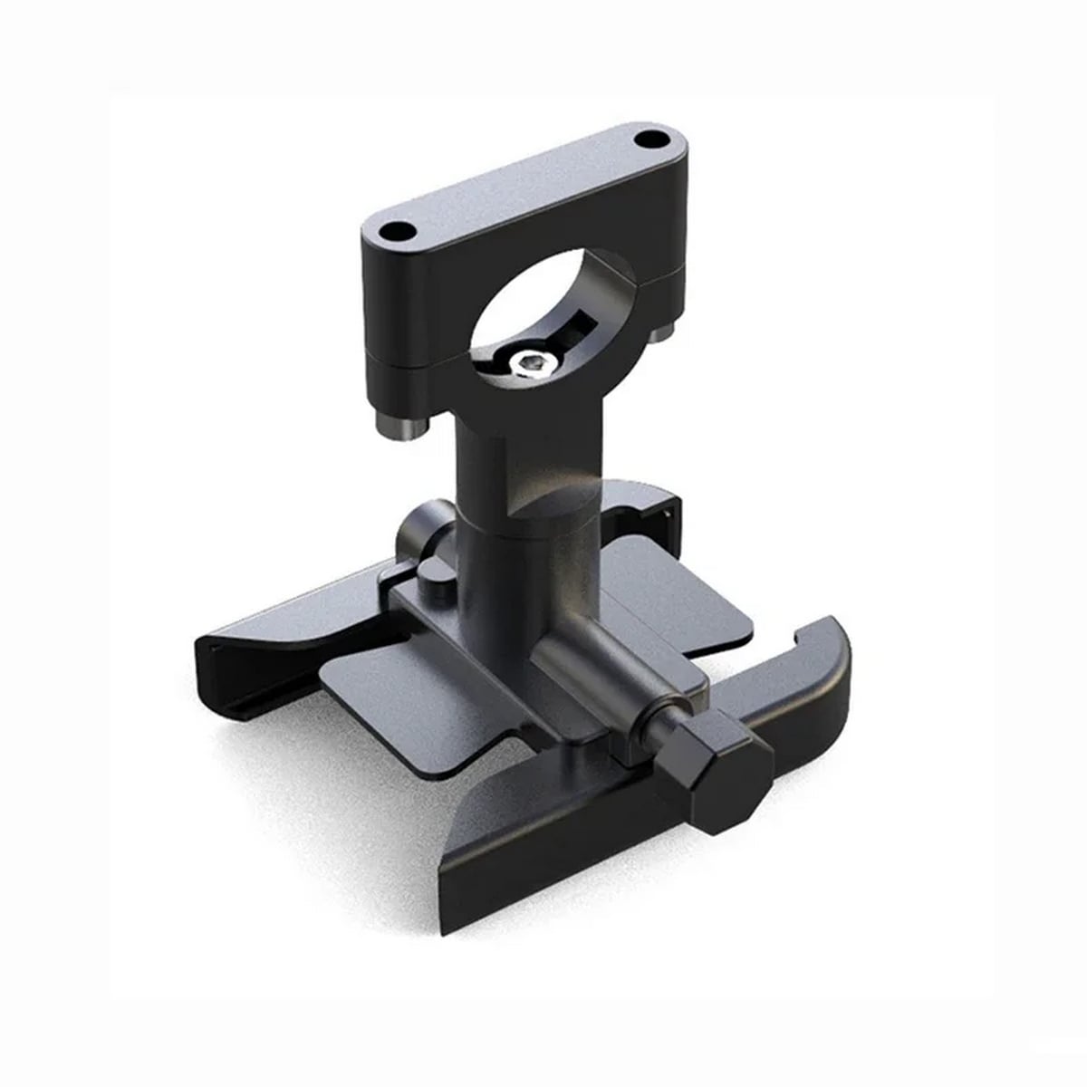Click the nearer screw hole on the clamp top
tap(395, 231)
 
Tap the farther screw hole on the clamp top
tap(649, 140)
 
